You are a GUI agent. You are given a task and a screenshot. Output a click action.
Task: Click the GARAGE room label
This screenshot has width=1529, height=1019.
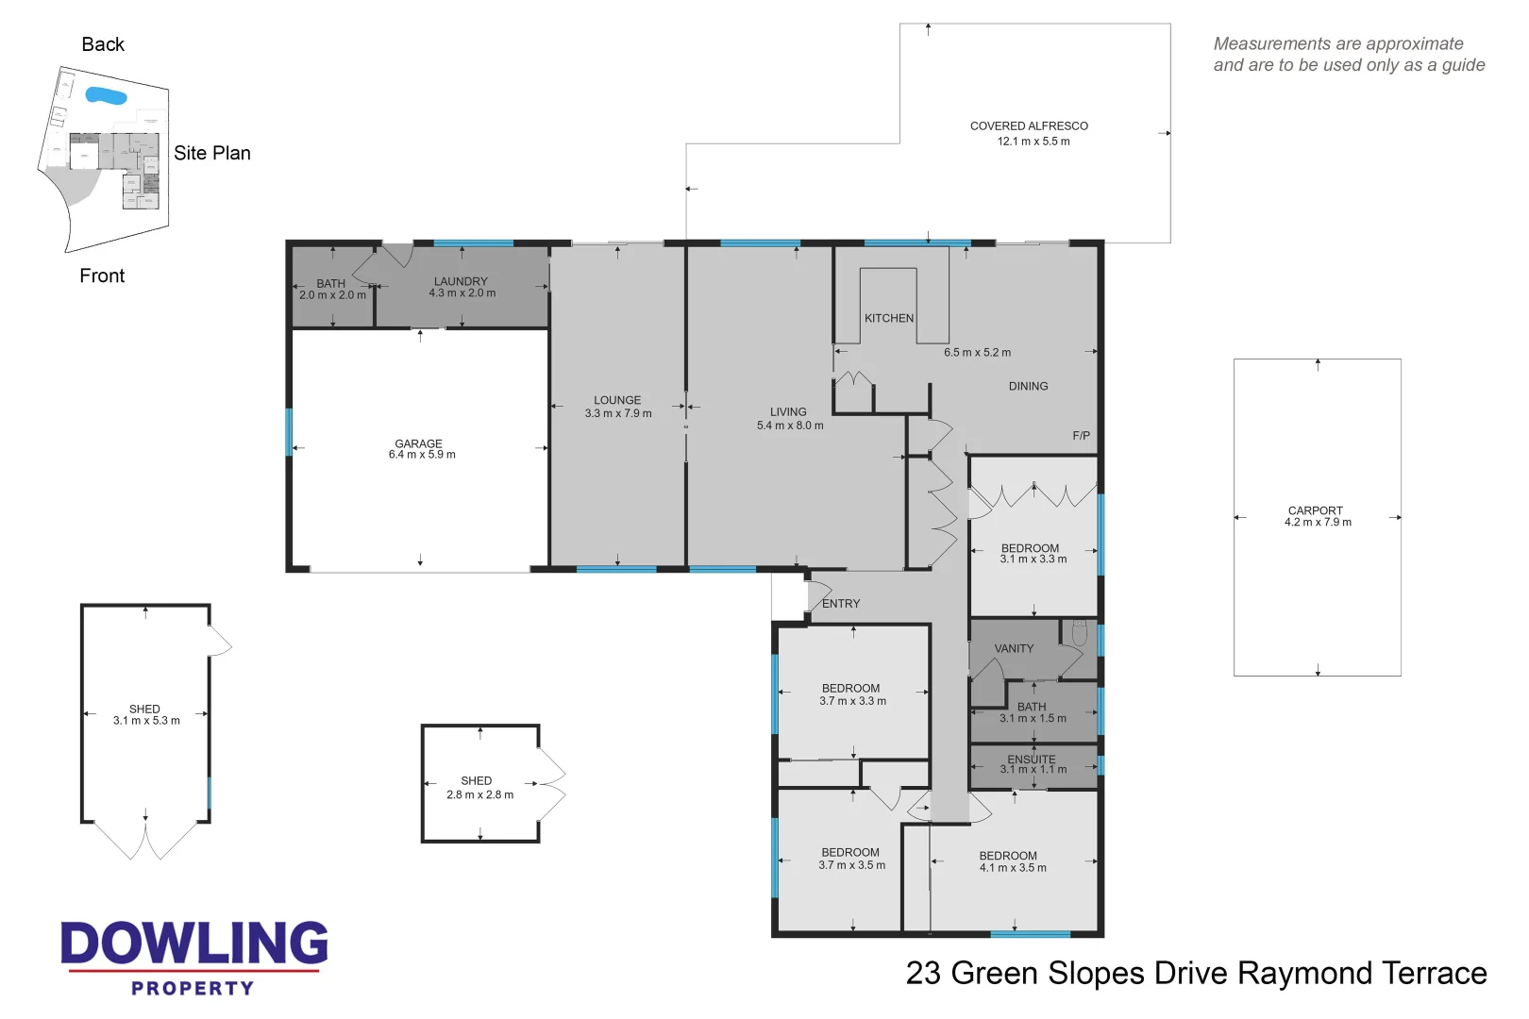(418, 443)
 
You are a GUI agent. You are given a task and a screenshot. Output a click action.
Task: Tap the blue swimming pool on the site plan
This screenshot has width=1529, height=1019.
(106, 95)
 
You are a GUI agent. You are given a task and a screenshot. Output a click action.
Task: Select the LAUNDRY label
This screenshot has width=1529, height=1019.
(461, 281)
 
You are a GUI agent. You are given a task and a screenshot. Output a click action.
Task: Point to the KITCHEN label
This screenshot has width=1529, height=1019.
(889, 318)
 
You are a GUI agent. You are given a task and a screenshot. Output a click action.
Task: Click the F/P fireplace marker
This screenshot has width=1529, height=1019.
(1082, 436)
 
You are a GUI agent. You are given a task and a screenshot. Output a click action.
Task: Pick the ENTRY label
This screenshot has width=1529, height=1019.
(841, 603)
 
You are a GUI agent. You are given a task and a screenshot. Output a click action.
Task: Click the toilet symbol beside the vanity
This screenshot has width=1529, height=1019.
(1079, 633)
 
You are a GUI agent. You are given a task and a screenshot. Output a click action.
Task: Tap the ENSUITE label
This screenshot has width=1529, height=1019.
(1032, 759)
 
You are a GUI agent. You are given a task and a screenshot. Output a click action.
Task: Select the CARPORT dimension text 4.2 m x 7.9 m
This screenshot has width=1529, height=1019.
(1318, 522)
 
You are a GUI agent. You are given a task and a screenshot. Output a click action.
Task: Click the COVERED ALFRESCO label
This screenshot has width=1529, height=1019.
(1030, 126)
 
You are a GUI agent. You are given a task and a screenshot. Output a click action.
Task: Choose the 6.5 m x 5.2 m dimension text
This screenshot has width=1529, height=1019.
(978, 352)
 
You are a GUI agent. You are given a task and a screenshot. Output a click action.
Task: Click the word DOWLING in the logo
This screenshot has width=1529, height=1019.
(194, 944)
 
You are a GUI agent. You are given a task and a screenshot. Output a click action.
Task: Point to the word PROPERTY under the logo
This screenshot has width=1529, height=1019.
(193, 988)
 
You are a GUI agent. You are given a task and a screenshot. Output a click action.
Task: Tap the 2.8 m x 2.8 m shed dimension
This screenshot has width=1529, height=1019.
(479, 794)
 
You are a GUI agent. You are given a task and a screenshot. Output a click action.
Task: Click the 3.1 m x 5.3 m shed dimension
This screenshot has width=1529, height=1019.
(146, 721)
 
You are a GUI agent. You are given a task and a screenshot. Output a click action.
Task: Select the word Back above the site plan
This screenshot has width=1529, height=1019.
(103, 44)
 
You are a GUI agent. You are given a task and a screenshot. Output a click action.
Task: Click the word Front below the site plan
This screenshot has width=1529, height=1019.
(102, 276)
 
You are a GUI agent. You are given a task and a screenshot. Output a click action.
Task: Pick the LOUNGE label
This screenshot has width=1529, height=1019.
(617, 401)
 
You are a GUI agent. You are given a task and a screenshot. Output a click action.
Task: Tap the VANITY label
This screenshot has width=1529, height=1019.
(1014, 648)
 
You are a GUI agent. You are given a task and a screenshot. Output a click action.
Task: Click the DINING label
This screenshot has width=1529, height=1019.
(1029, 386)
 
